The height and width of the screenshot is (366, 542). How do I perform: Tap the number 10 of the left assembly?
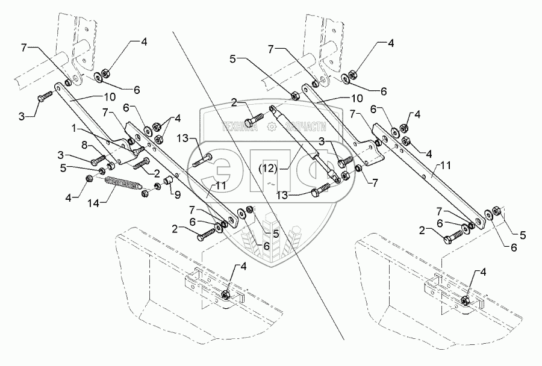tap(105, 97)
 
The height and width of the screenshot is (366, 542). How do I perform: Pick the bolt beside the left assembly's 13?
tap(204, 160)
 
